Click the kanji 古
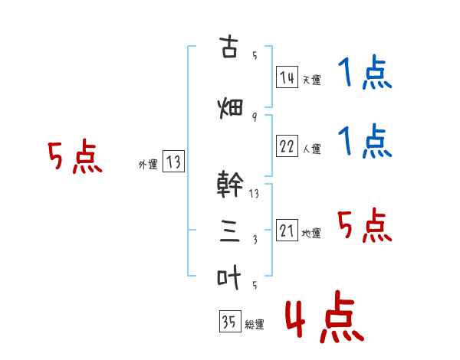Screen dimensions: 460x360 (228, 46)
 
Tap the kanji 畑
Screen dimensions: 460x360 (230, 109)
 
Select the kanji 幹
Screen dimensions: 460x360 (230, 184)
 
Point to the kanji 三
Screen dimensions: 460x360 (230, 232)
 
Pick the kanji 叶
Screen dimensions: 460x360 (229, 277)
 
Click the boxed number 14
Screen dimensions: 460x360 (287, 77)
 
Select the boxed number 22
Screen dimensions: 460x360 (287, 146)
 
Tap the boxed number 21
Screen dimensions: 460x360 (287, 230)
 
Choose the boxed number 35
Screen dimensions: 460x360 (230, 321)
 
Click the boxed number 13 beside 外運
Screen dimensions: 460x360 (173, 162)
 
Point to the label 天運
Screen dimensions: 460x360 (312, 80)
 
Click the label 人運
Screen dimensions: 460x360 (312, 149)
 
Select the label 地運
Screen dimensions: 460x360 (311, 234)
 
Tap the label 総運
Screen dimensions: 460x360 (255, 324)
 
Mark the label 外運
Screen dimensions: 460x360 (148, 165)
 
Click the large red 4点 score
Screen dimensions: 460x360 (324, 316)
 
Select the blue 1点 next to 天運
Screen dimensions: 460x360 (365, 72)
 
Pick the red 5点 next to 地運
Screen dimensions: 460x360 (365, 225)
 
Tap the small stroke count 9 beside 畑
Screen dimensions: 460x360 (255, 117)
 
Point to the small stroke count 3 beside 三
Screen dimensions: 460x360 (255, 240)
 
